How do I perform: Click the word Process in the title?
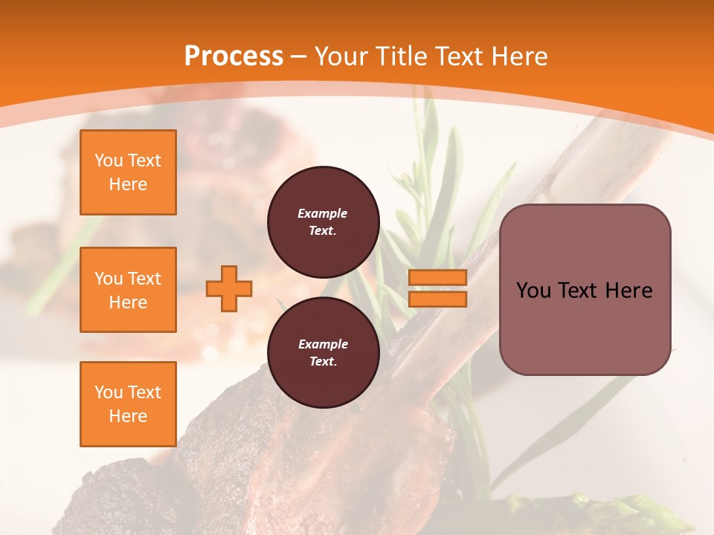pyautogui.click(x=234, y=56)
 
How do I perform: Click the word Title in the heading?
pyautogui.click(x=398, y=56)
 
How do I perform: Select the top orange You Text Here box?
pyautogui.click(x=128, y=172)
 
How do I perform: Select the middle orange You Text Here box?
pyautogui.click(x=128, y=290)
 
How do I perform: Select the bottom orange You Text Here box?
pyautogui.click(x=128, y=404)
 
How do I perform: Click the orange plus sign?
pyautogui.click(x=229, y=288)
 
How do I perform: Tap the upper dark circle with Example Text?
pyautogui.click(x=323, y=222)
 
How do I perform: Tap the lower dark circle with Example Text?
pyautogui.click(x=323, y=353)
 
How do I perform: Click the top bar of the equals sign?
pyautogui.click(x=438, y=278)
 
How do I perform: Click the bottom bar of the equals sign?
pyautogui.click(x=438, y=299)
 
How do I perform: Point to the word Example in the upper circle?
pyautogui.click(x=323, y=213)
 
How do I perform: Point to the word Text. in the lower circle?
pyautogui.click(x=323, y=362)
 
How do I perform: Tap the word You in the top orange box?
pyautogui.click(x=109, y=160)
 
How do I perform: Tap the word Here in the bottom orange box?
pyautogui.click(x=128, y=416)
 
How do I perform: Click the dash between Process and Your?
pyautogui.click(x=299, y=56)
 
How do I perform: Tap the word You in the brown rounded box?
pyautogui.click(x=534, y=291)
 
